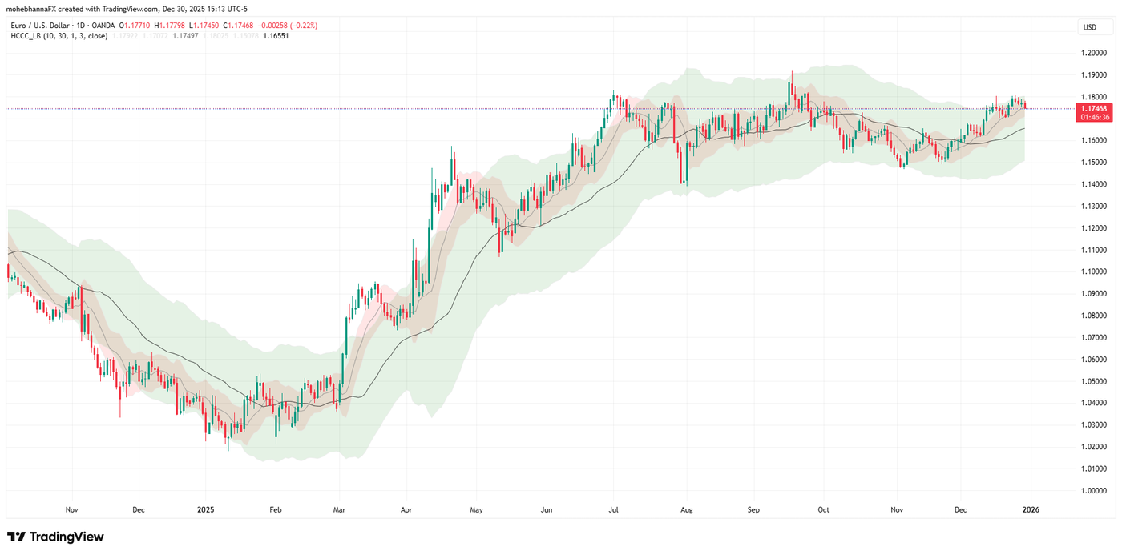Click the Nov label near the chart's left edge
click(71, 509)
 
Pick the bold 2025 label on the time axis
click(206, 509)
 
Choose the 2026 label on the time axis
click(1031, 509)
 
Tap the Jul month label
click(614, 509)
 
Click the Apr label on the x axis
click(406, 509)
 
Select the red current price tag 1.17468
click(1094, 108)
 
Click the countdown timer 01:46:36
click(1094, 117)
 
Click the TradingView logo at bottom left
click(55, 537)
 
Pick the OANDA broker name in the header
click(102, 26)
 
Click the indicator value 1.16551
click(277, 36)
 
